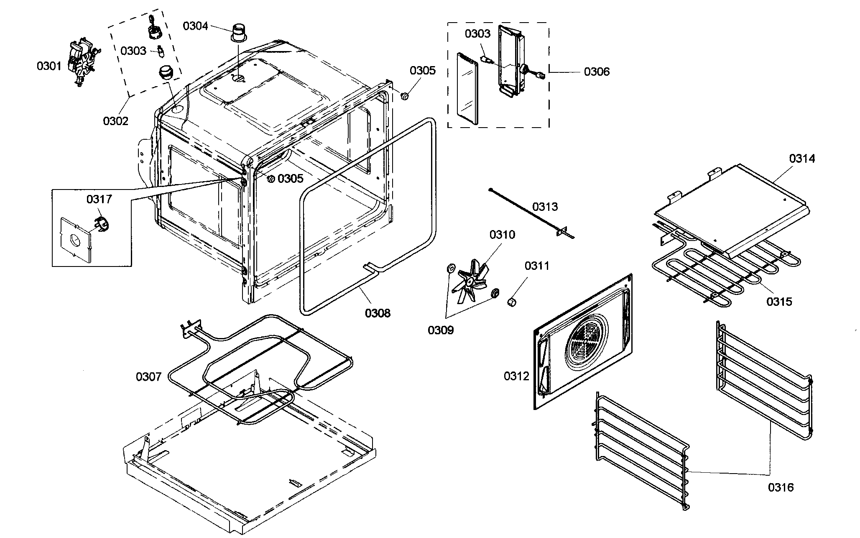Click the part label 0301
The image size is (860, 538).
(49, 66)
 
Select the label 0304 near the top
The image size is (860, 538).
(195, 26)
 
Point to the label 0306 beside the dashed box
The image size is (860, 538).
(597, 72)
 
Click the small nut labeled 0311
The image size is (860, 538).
(511, 302)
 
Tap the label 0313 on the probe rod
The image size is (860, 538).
(545, 207)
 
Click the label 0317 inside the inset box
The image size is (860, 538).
(99, 199)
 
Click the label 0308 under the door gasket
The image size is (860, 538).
(378, 313)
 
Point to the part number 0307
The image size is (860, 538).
(148, 377)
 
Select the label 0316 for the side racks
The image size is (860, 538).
(781, 487)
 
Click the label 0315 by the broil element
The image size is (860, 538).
(779, 301)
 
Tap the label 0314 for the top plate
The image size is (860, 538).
(802, 159)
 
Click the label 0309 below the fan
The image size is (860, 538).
(440, 330)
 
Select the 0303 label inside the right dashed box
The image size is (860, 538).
(477, 34)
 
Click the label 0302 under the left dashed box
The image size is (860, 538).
(116, 121)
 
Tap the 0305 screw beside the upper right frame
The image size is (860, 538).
(404, 97)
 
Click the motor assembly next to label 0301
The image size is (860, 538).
(82, 63)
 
